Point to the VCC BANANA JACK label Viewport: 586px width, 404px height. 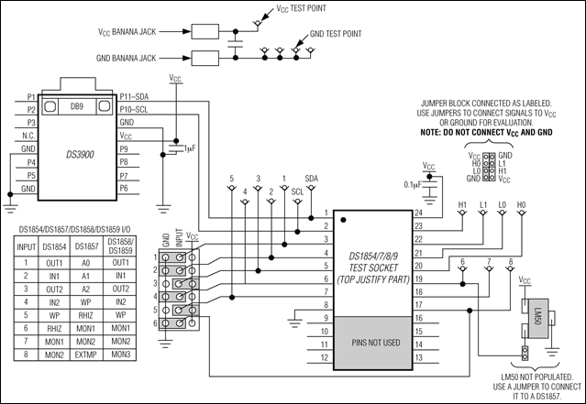[137, 31]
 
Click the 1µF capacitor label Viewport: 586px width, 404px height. [189, 147]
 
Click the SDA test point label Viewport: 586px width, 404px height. [312, 179]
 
